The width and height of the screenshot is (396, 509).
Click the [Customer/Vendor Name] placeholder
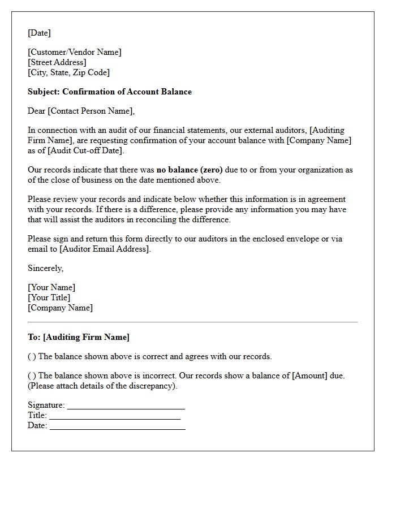click(x=74, y=52)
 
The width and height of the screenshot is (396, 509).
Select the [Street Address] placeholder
click(x=57, y=62)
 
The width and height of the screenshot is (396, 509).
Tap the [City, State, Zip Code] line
click(x=68, y=72)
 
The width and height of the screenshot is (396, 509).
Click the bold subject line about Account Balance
click(x=110, y=92)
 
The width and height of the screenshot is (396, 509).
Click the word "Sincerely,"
click(x=46, y=268)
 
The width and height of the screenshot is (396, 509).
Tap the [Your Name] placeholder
click(x=51, y=287)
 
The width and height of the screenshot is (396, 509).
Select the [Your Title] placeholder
click(x=49, y=297)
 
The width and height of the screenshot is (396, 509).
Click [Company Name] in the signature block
click(x=60, y=308)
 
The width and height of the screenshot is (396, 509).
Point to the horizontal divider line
click(x=192, y=322)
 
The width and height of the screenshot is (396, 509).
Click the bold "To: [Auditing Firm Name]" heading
click(x=79, y=337)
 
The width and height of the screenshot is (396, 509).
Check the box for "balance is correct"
click(x=32, y=356)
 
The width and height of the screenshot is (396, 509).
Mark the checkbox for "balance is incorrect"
click(x=32, y=376)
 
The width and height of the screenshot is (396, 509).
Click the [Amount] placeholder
click(x=309, y=376)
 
